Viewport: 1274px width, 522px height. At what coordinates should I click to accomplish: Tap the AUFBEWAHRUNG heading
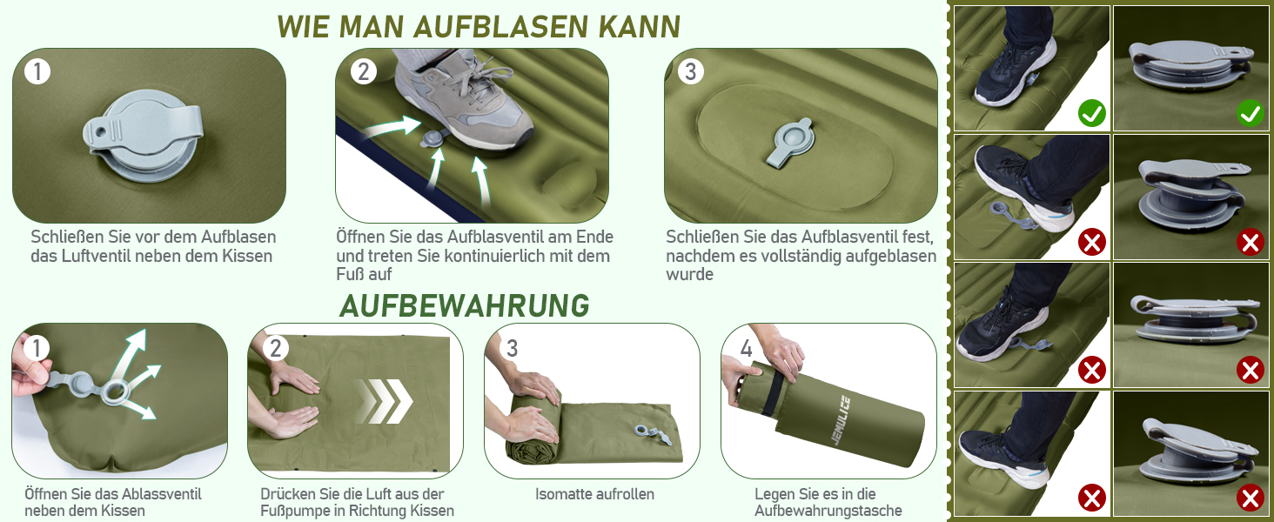coord(464,305)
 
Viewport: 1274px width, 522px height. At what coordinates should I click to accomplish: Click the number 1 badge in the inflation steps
coord(37,72)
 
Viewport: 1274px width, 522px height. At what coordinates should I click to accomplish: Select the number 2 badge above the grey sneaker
coord(363,71)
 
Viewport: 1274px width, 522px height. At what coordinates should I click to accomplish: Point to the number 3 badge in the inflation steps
coord(690,71)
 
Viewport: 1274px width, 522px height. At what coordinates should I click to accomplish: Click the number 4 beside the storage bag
coord(746,348)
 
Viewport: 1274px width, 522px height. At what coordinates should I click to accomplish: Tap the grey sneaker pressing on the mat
coord(464,97)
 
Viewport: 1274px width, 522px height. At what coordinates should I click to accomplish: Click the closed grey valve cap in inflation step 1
coord(142,137)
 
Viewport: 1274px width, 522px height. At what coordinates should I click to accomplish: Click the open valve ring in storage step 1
coord(116,391)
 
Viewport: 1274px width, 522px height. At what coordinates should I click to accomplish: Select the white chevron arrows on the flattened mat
coord(385,402)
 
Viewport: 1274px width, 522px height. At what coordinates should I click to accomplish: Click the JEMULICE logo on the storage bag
coord(840,420)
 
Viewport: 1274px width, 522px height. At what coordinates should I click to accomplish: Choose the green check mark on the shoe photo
coord(1091,112)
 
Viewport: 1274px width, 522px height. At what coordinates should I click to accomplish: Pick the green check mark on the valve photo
coord(1251,112)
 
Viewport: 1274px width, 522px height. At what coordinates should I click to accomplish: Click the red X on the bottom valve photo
coord(1251,499)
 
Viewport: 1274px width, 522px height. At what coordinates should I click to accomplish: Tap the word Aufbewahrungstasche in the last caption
coord(828,511)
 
